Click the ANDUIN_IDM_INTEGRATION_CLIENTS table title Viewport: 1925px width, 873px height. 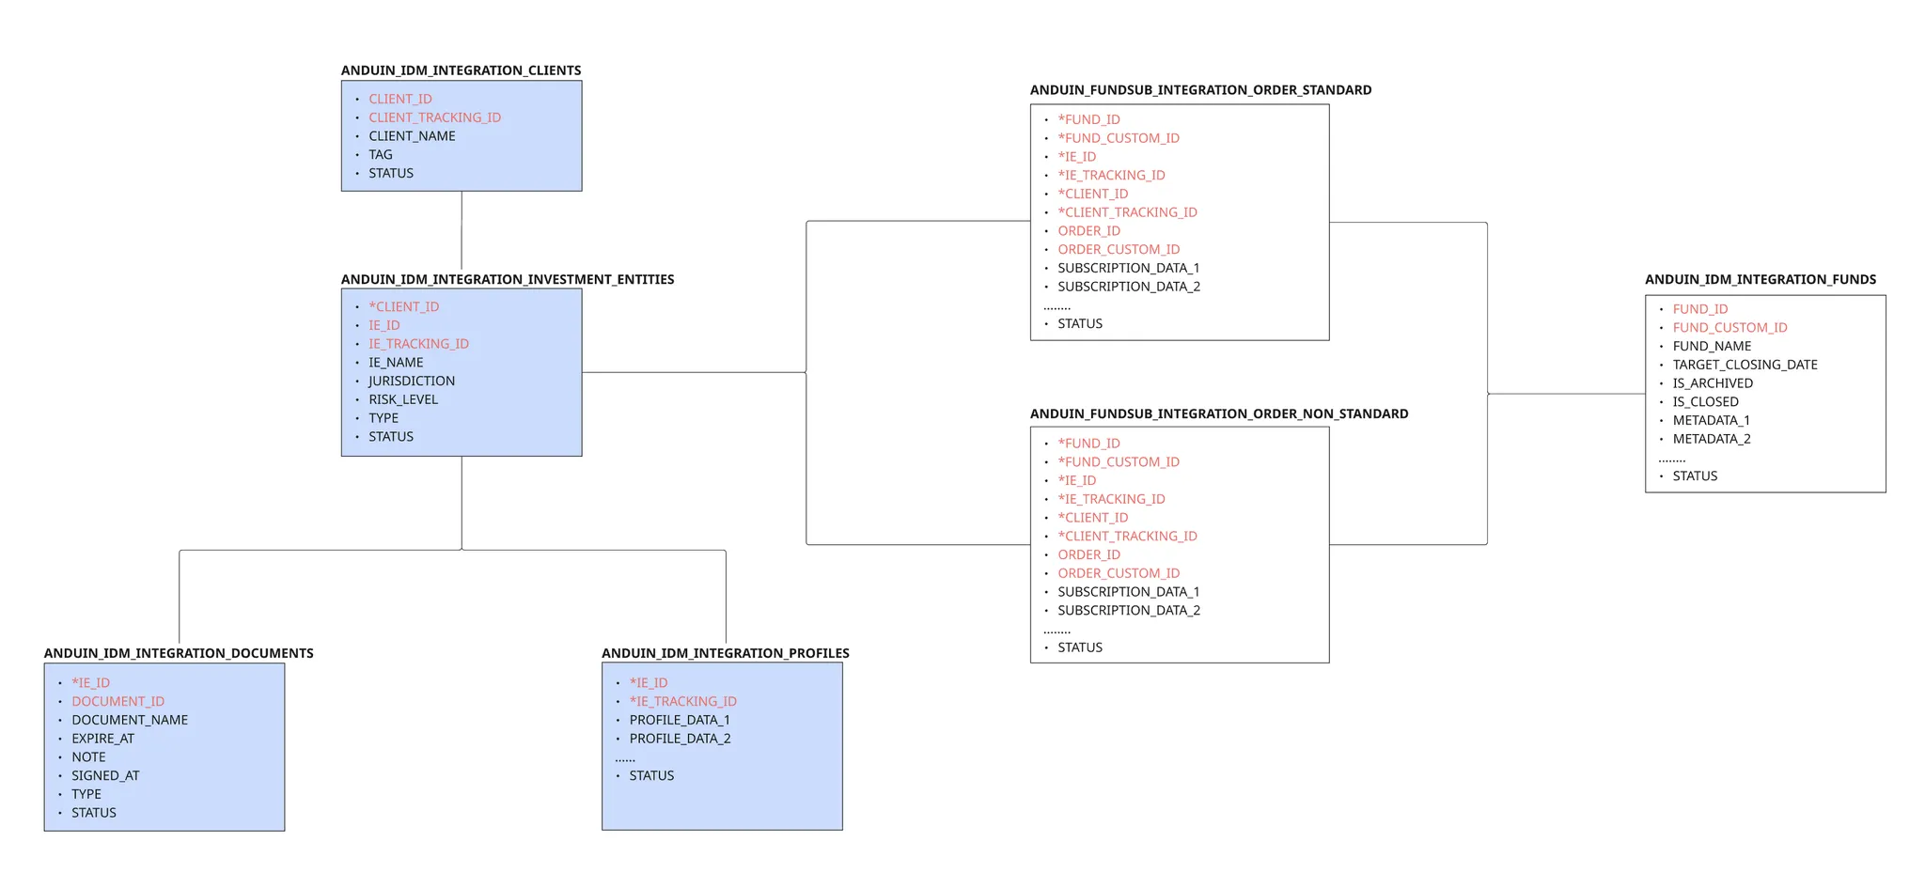tap(461, 70)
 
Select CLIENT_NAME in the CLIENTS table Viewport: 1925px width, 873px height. tap(412, 136)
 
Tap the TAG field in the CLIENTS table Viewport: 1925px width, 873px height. tap(381, 155)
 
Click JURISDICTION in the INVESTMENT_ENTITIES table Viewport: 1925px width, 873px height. tap(412, 381)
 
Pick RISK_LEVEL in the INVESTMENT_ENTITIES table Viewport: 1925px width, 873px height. tap(403, 399)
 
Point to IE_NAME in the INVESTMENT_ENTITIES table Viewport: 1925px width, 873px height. tap(396, 363)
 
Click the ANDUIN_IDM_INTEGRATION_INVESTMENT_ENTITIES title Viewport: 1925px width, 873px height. tap(508, 279)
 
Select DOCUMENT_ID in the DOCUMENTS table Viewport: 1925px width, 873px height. tap(117, 701)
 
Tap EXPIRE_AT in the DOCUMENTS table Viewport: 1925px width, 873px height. tap(102, 739)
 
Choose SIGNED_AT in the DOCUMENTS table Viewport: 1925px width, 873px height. tap(105, 775)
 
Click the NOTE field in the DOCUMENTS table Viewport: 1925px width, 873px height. tap(88, 757)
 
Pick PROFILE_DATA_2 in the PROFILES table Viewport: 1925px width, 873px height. tap(680, 739)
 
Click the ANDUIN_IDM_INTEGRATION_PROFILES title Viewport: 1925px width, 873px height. tap(726, 653)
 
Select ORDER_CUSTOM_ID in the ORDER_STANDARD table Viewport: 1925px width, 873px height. tap(1119, 249)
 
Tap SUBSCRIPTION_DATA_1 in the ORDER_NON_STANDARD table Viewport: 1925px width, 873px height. tap(1129, 592)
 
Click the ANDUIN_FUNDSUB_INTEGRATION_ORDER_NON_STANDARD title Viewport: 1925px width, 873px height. tap(1219, 413)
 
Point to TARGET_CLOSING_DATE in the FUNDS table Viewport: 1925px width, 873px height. tap(1745, 365)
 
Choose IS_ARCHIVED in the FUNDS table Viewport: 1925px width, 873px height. tap(1713, 383)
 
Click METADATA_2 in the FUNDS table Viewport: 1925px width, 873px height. tap(1711, 439)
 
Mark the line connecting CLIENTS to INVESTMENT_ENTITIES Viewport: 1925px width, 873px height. tap(462, 230)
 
